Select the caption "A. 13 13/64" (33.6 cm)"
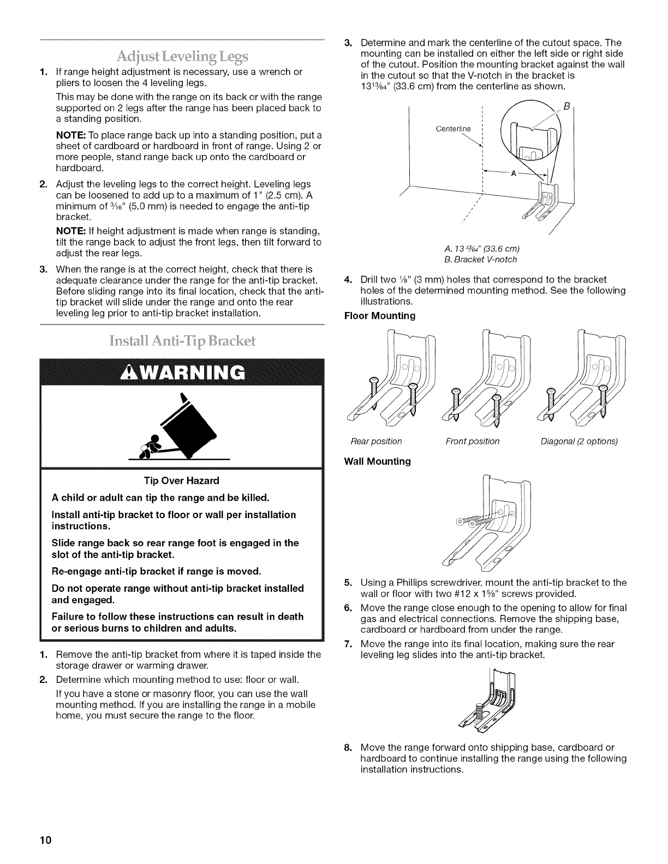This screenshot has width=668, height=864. (482, 249)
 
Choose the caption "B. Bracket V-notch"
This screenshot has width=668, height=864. (482, 259)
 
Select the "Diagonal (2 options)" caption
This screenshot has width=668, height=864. (579, 441)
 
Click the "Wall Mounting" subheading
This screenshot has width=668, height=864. (377, 461)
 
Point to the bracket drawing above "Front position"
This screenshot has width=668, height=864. (486, 376)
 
